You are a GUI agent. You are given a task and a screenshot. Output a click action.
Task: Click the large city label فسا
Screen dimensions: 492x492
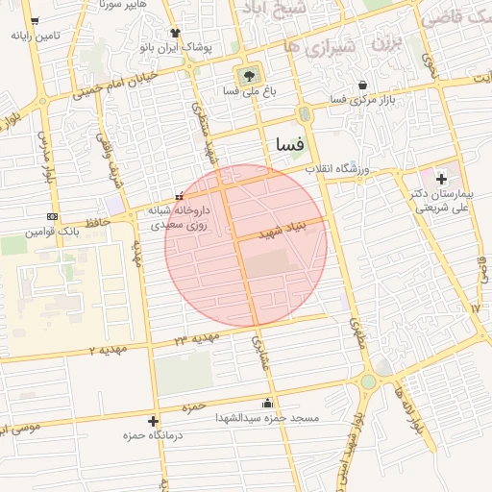click(x=289, y=144)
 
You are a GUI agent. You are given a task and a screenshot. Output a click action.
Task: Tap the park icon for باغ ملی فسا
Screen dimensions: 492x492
click(x=249, y=73)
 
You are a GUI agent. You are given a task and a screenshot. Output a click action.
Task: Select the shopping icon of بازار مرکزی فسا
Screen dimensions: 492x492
click(x=361, y=84)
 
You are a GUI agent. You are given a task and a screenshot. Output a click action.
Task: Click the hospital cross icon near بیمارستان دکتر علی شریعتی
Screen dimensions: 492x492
click(x=441, y=179)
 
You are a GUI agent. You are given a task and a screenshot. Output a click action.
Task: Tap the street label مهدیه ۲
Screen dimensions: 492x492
click(x=109, y=349)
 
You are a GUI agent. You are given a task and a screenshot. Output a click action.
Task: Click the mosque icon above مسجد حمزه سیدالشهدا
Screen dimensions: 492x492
click(x=267, y=403)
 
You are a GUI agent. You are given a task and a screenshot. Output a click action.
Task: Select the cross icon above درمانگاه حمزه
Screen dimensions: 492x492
click(x=153, y=421)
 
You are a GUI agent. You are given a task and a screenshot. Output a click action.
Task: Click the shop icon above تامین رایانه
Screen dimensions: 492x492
click(x=36, y=20)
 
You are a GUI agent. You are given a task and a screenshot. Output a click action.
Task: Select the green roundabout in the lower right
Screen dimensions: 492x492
click(x=368, y=382)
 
